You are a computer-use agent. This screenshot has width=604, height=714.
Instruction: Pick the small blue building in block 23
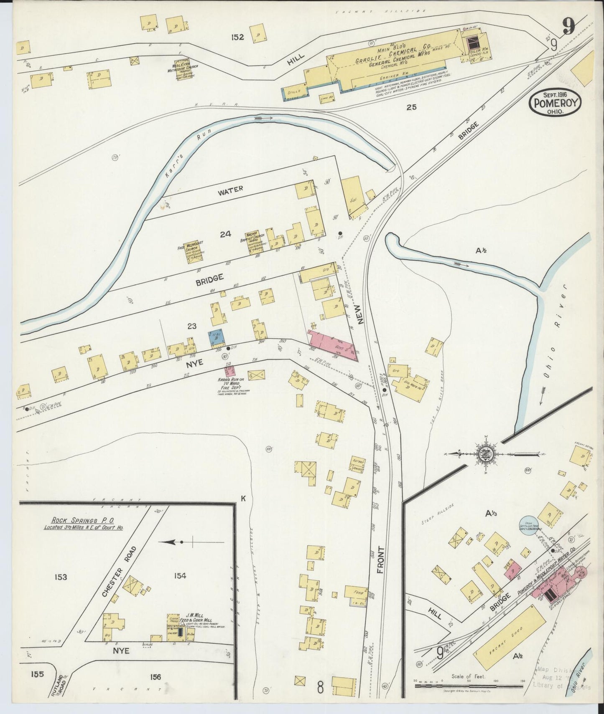[217, 337]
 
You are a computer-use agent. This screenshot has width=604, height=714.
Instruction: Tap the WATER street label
[230, 190]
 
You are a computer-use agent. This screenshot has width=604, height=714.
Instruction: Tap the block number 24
[225, 235]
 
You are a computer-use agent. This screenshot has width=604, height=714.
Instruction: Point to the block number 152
[237, 37]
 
